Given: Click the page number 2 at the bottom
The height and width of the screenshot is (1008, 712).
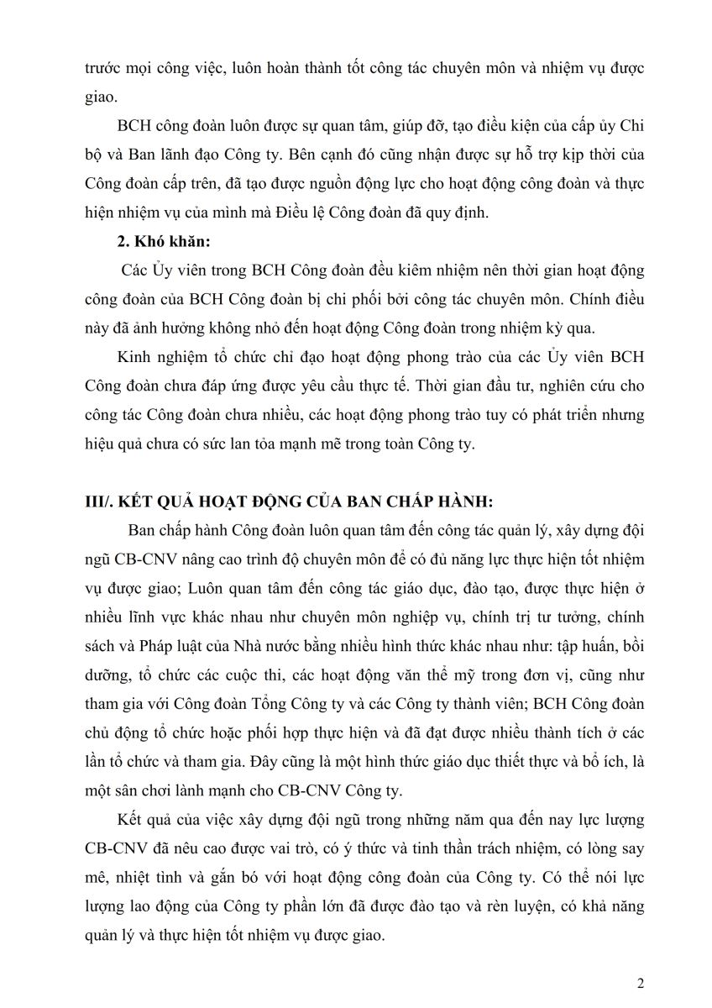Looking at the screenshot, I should point(641,984).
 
